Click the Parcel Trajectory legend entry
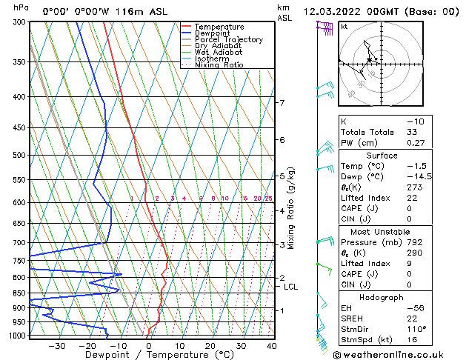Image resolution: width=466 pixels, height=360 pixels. pos(228,39)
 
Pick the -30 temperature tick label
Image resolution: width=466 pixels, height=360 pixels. pos(56,346)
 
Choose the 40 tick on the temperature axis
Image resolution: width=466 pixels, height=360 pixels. pos(272,346)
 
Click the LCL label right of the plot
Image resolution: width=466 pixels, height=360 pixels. pos(291,287)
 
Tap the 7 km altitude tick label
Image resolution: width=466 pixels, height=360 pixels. pos(282,103)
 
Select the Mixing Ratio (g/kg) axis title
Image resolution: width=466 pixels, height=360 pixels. pos(291,208)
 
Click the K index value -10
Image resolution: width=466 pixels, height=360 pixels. pos(416,121)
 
